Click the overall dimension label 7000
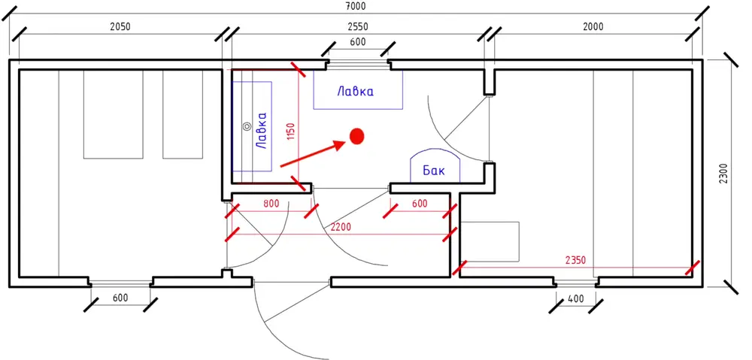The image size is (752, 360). pyautogui.click(x=356, y=6)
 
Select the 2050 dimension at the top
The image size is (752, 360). pyautogui.click(x=120, y=27)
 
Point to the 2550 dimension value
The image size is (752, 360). pyautogui.click(x=358, y=27)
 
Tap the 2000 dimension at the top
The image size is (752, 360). pyautogui.click(x=593, y=27)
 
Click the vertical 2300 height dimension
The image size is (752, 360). pyautogui.click(x=723, y=174)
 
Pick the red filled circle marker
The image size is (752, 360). pyautogui.click(x=356, y=136)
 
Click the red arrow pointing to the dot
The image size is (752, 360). pyautogui.click(x=314, y=154)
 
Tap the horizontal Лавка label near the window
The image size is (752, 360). pyautogui.click(x=356, y=91)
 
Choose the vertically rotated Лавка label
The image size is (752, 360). pyautogui.click(x=262, y=130)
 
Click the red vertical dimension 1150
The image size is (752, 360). pyautogui.click(x=291, y=131)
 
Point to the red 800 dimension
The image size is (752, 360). pyautogui.click(x=271, y=203)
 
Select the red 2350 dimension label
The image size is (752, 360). pyautogui.click(x=575, y=261)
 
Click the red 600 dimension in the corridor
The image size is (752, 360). pyautogui.click(x=420, y=203)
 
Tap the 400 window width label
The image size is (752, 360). pyautogui.click(x=576, y=298)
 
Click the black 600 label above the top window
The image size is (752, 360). pyautogui.click(x=358, y=41)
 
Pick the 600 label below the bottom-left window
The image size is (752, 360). pyautogui.click(x=120, y=298)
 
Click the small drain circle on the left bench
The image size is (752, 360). pyautogui.click(x=247, y=126)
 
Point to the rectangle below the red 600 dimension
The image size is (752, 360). pyautogui.click(x=490, y=241)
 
